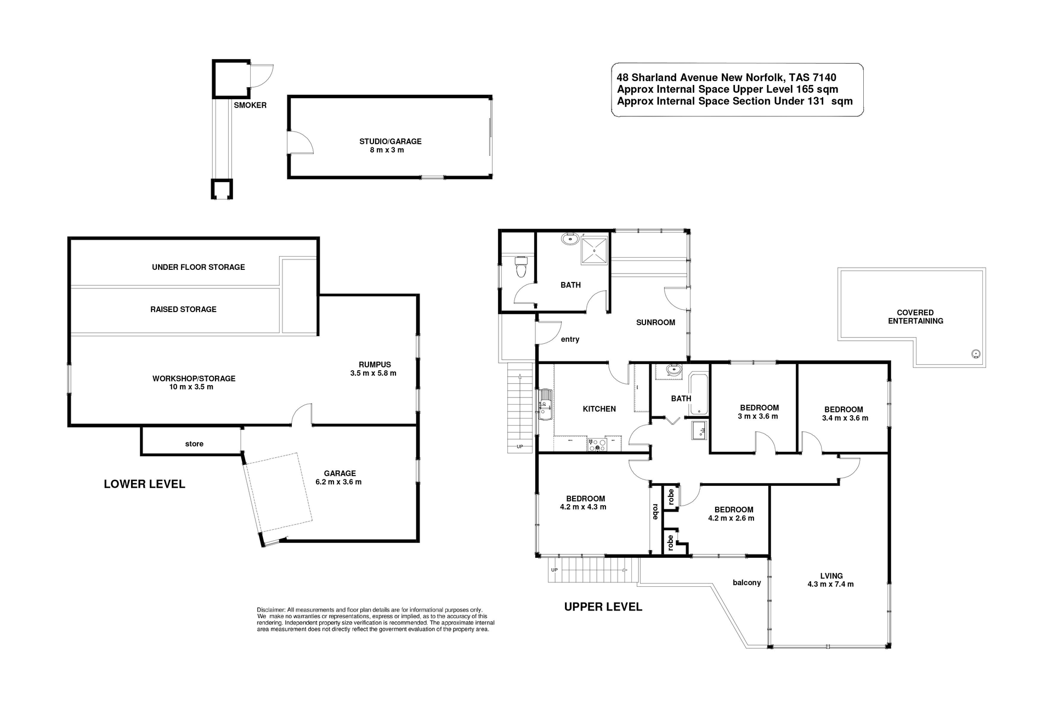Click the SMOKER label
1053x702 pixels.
point(250,105)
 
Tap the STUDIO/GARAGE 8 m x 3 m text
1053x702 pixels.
point(390,145)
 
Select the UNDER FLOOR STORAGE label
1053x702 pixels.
point(199,267)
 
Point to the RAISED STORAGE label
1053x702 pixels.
point(183,309)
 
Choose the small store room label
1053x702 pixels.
point(194,444)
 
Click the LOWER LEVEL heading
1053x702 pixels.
point(144,484)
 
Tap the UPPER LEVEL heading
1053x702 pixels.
point(603,607)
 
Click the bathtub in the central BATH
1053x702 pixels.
point(699,394)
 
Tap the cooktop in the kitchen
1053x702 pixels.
point(597,444)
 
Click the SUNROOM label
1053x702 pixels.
point(655,322)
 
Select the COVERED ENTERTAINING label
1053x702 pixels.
point(915,316)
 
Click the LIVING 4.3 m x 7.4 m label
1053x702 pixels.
point(831,580)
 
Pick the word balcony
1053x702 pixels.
point(746,582)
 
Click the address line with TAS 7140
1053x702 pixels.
point(726,78)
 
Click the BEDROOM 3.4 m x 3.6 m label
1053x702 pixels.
point(845,414)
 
